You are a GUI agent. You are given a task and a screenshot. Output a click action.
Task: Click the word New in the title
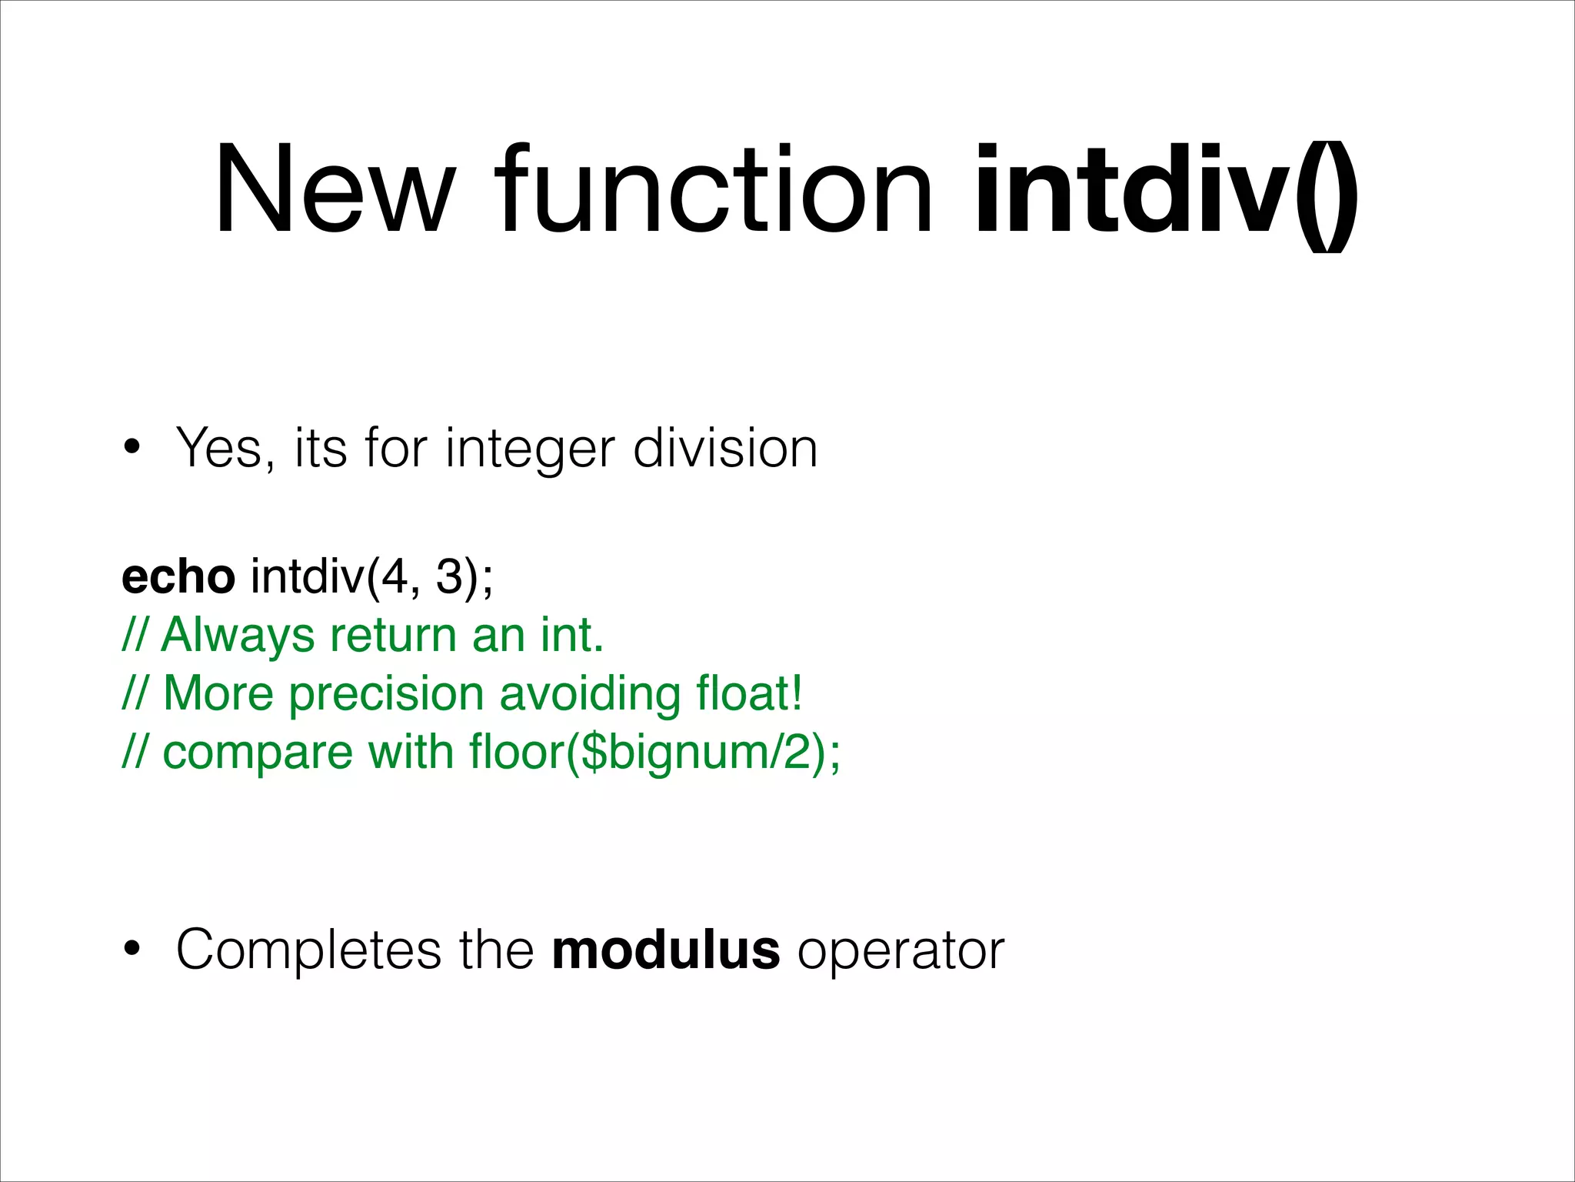click(x=332, y=189)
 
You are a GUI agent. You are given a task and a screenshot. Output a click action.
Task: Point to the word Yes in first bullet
click(x=224, y=448)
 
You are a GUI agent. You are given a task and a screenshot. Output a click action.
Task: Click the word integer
click(x=530, y=449)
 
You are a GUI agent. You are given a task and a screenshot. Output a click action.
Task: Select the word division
click(x=724, y=448)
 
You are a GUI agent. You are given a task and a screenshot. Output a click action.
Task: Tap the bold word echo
click(x=178, y=576)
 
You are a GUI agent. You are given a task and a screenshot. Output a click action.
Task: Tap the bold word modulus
click(x=666, y=949)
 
